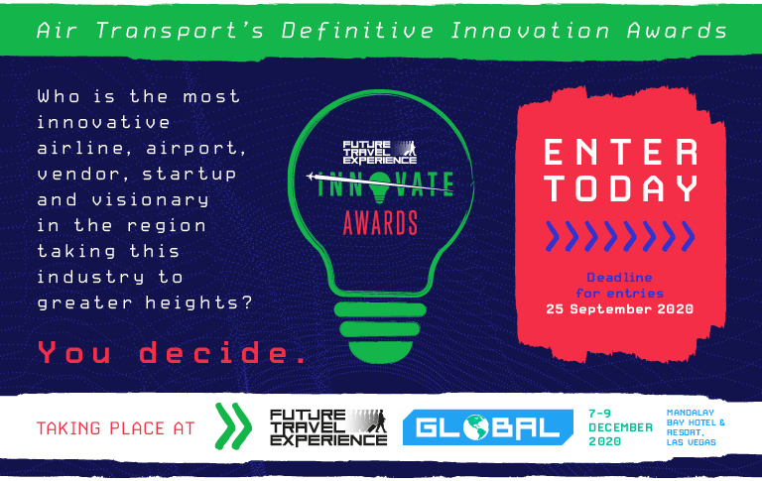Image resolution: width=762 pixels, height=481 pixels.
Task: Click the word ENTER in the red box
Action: tap(620, 152)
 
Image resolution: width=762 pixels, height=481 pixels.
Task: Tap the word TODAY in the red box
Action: tap(621, 188)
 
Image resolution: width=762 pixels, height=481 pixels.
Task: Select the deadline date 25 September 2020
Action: tap(619, 309)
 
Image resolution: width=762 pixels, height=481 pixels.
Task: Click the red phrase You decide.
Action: tap(172, 352)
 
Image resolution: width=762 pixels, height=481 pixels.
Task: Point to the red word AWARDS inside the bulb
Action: tap(380, 223)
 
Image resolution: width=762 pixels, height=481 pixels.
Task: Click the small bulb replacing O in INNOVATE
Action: tap(380, 187)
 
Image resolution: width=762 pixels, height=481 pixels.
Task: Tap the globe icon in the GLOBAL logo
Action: tap(475, 427)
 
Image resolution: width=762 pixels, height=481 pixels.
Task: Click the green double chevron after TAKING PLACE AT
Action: tap(233, 426)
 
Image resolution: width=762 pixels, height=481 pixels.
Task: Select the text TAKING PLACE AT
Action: tap(116, 428)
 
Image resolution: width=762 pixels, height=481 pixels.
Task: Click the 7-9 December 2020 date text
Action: tap(620, 427)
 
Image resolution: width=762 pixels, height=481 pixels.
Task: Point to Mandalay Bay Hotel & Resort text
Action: tap(696, 427)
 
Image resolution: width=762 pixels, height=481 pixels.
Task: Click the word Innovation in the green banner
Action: tap(530, 30)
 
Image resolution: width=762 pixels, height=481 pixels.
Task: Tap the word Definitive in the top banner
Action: tap(357, 30)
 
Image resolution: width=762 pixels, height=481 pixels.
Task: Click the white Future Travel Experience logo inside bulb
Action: tap(380, 152)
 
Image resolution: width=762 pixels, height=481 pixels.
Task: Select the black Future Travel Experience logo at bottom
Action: tap(328, 427)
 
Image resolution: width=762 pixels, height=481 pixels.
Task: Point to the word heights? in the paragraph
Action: tap(198, 302)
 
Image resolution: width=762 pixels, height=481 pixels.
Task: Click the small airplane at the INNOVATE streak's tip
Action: tap(312, 176)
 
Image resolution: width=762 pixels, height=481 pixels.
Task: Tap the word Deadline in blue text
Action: tap(619, 278)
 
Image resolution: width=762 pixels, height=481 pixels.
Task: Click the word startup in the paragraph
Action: tap(190, 174)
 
